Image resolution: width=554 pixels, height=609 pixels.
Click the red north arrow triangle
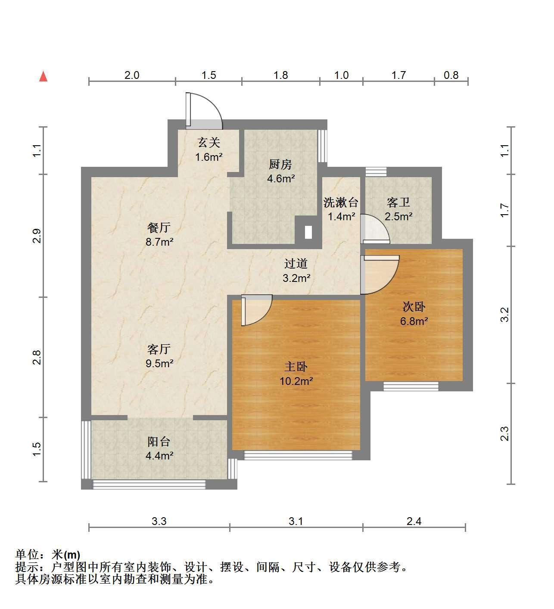[x=44, y=77]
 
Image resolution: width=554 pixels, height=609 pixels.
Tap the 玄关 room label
[x=209, y=142]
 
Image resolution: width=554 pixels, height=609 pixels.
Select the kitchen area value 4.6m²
[x=281, y=178]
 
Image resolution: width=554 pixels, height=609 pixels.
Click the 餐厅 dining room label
[x=159, y=228]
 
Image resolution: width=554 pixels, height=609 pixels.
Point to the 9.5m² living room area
[x=159, y=363]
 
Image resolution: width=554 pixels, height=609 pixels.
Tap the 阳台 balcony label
[x=159, y=441]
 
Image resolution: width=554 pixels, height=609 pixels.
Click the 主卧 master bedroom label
[x=296, y=366]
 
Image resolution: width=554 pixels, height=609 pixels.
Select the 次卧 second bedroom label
[x=414, y=306]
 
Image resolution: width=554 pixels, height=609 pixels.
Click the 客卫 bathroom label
[x=398, y=202]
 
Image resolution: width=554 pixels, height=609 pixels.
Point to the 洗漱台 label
[x=341, y=202]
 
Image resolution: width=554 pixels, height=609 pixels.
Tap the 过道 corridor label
[x=296, y=263]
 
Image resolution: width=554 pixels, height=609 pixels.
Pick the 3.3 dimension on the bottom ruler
[x=159, y=521]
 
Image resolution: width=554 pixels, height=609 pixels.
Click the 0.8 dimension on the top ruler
[x=451, y=75]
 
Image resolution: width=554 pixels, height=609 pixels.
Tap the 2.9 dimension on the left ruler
[x=37, y=236]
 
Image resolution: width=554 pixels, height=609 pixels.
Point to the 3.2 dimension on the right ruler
[x=504, y=315]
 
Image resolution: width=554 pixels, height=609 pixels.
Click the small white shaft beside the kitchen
[x=308, y=233]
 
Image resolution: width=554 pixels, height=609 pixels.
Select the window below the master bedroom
[x=298, y=455]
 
